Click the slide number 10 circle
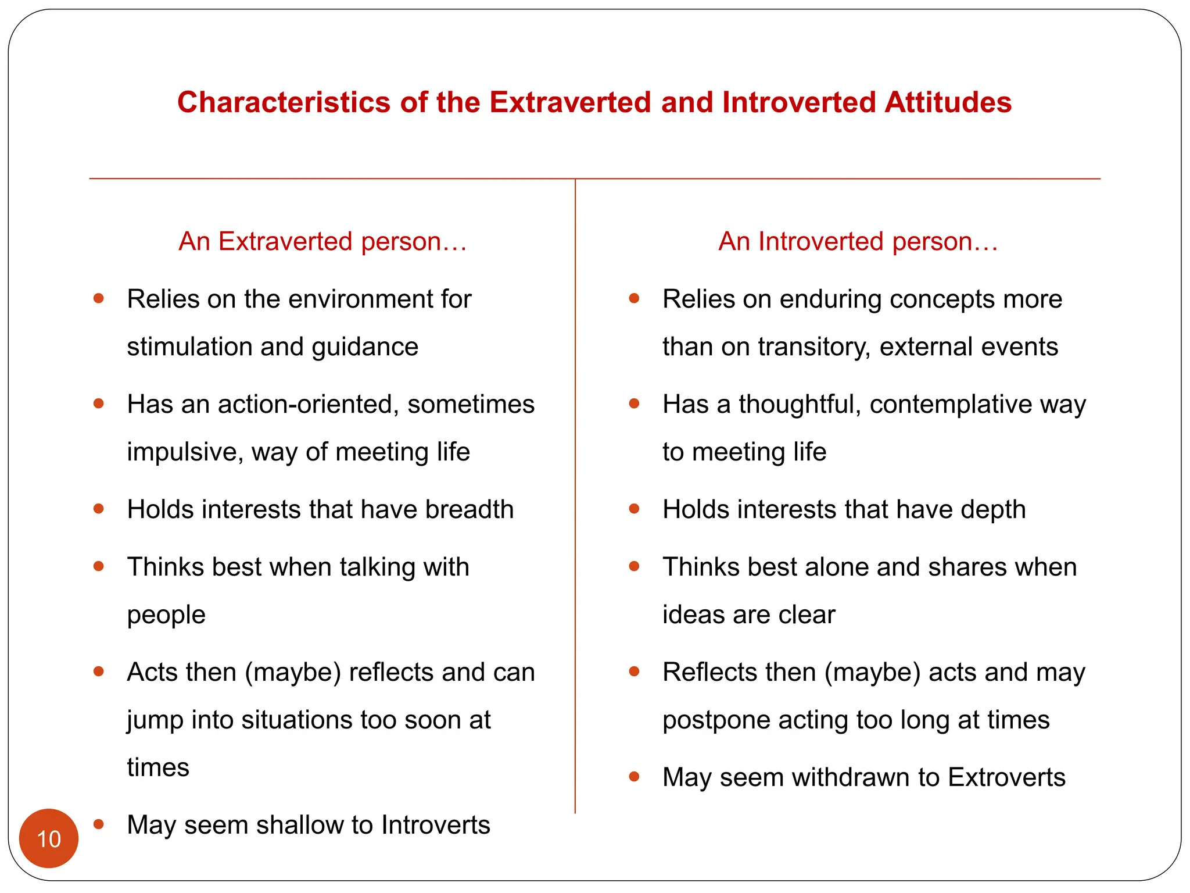tap(49, 838)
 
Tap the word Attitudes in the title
tap(948, 102)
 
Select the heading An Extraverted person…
tap(323, 241)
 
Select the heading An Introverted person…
tap(858, 241)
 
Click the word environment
tap(360, 299)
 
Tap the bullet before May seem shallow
tap(99, 824)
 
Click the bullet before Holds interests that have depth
tap(635, 509)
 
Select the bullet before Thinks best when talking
tap(99, 566)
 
